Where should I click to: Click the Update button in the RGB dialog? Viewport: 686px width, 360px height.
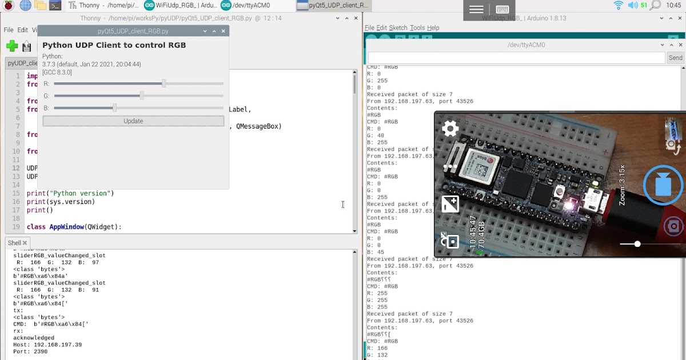pyautogui.click(x=133, y=121)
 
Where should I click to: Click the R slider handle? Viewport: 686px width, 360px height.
pyautogui.click(x=163, y=83)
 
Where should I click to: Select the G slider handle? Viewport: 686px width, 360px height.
pyautogui.click(x=142, y=96)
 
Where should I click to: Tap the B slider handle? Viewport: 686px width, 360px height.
pyautogui.click(x=114, y=108)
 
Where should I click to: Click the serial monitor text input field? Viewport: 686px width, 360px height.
pyautogui.click(x=516, y=58)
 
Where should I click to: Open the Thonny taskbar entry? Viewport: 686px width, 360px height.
pyautogui.click(x=103, y=6)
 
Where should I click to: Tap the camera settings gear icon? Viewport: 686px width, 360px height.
pyautogui.click(x=450, y=129)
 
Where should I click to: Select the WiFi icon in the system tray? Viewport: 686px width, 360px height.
pyautogui.click(x=619, y=6)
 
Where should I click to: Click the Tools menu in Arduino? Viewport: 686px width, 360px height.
pyautogui.click(x=417, y=27)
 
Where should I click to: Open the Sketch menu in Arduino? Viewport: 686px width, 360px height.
pyautogui.click(x=398, y=27)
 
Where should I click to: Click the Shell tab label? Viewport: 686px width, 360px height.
pyautogui.click(x=14, y=243)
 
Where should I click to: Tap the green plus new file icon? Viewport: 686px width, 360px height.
pyautogui.click(x=12, y=46)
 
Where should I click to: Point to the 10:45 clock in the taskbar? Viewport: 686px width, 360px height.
pyautogui.click(x=673, y=6)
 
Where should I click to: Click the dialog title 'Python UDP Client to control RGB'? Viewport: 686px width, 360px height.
pyautogui.click(x=114, y=45)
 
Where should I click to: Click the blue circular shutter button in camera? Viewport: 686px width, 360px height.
pyautogui.click(x=663, y=185)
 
